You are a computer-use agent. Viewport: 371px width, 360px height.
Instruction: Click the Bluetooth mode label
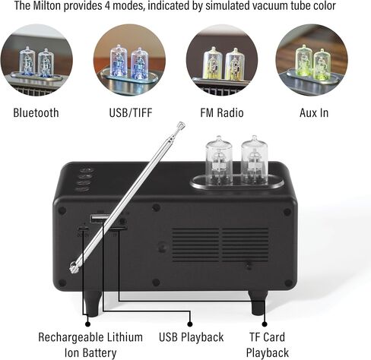pos(36,112)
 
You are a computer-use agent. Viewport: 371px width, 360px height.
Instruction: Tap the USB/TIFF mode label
pos(131,112)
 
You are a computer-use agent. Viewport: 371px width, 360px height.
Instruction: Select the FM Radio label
pos(222,112)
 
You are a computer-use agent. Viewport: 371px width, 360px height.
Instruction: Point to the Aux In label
pos(314,112)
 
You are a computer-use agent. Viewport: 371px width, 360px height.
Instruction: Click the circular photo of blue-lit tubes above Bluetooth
pos(36,60)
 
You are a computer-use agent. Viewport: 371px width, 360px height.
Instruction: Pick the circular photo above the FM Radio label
pos(222,60)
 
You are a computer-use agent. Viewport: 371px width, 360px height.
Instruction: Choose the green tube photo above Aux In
pos(312,60)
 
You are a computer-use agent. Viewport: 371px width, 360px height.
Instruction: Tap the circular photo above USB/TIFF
pos(129,60)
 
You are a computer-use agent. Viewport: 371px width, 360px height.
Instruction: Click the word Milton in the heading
pos(47,5)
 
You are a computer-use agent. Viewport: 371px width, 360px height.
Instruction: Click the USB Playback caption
pos(192,337)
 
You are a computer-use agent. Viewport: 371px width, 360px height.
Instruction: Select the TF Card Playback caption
pos(268,345)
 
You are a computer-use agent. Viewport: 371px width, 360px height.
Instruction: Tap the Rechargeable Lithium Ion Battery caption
pos(90,345)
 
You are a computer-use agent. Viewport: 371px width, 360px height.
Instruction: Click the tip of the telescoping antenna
pos(181,125)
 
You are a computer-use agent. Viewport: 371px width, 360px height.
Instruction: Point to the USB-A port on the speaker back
pos(100,218)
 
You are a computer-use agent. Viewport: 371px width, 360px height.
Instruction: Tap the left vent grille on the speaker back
pos(195,245)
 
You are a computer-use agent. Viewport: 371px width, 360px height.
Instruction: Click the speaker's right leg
pos(258,303)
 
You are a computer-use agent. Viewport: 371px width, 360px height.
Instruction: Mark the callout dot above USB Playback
pos(190,324)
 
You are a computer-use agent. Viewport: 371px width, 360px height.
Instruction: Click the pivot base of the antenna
pos(74,267)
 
